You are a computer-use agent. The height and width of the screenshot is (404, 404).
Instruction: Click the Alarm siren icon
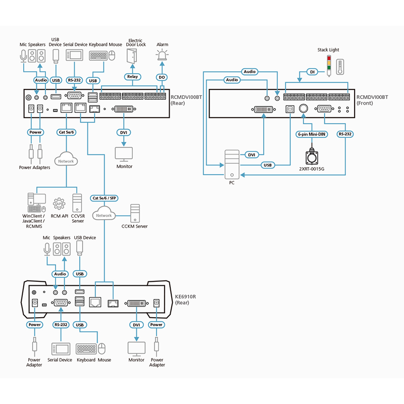(x=162, y=55)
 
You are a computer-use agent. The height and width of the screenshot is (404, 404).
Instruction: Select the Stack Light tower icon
(x=329, y=64)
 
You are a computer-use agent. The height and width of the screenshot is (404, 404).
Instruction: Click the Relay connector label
(x=132, y=77)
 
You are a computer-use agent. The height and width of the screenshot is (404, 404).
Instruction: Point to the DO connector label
(x=162, y=77)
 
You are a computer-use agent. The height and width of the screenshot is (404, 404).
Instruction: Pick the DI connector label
(x=313, y=72)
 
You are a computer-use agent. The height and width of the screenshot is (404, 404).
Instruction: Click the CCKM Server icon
(x=134, y=213)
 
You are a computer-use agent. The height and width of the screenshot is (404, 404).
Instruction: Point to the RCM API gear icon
(x=60, y=203)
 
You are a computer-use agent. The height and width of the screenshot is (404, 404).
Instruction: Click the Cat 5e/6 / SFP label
(x=105, y=198)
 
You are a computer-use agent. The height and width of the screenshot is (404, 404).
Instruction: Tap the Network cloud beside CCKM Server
(x=104, y=216)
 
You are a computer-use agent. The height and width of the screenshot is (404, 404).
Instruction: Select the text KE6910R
(x=184, y=296)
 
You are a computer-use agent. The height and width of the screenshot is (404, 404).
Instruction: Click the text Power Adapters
(x=34, y=168)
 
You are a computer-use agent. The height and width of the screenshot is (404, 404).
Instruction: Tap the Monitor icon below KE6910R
(x=136, y=348)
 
